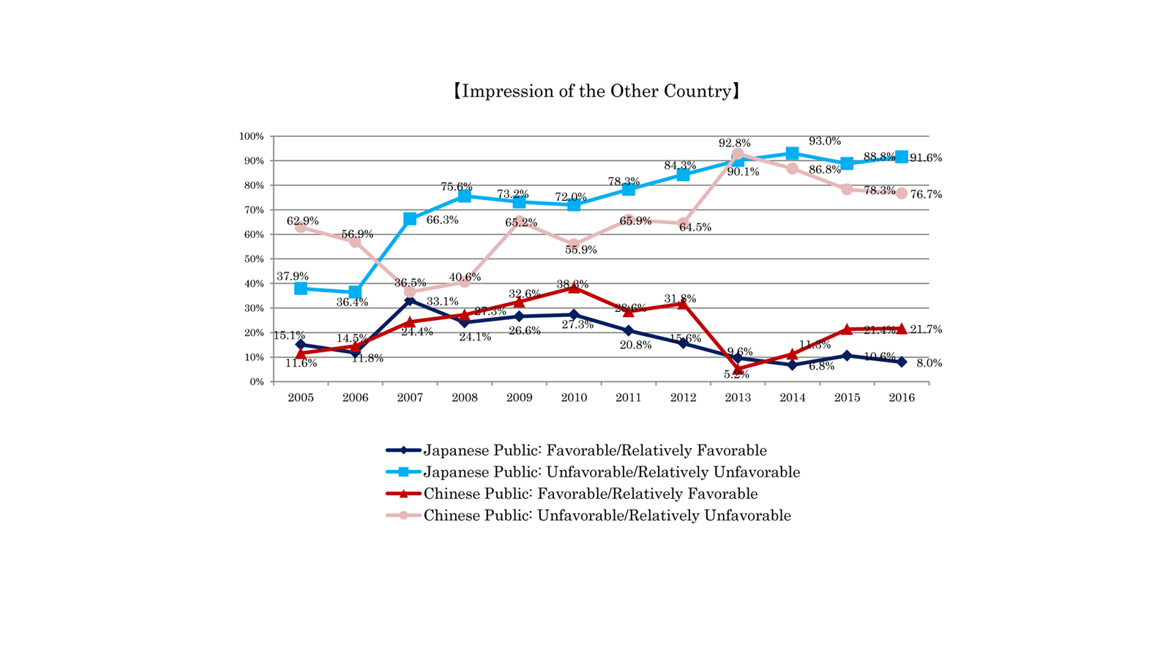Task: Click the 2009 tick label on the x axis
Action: pos(519,398)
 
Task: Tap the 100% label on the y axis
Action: pos(251,136)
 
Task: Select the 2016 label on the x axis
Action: pos(902,398)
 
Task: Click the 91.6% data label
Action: pos(926,158)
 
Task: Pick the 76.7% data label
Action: pos(926,195)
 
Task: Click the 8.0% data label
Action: pos(929,363)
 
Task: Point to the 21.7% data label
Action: pos(926,329)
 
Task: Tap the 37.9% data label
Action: pos(292,277)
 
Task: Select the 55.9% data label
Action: pos(580,250)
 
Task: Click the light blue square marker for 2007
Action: pos(410,219)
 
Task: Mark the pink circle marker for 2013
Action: pos(738,155)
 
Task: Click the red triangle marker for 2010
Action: pos(574,288)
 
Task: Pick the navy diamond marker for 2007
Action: pos(410,301)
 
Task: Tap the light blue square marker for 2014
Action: pos(792,154)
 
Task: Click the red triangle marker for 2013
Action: pos(738,369)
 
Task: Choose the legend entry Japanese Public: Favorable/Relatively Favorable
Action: pos(595,450)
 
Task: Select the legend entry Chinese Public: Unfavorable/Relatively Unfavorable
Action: pos(607,515)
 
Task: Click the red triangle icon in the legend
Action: pos(403,494)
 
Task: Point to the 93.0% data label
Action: pos(824,141)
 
